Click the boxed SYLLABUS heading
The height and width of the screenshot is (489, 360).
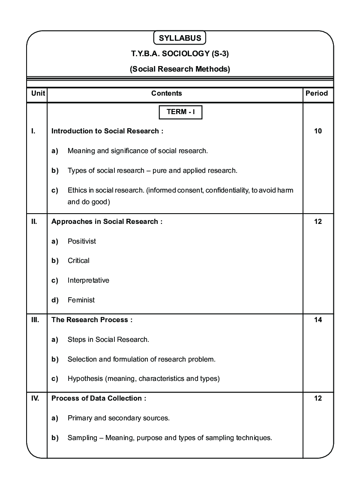pyautogui.click(x=180, y=38)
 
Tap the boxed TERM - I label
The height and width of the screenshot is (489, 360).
pyautogui.click(x=180, y=112)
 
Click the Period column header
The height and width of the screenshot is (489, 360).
pyautogui.click(x=317, y=93)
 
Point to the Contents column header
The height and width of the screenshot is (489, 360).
pyautogui.click(x=166, y=93)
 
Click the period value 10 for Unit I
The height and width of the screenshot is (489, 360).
pyautogui.click(x=318, y=131)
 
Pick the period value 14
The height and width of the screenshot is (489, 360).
pyautogui.click(x=318, y=320)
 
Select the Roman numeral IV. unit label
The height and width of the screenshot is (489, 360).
pyautogui.click(x=36, y=398)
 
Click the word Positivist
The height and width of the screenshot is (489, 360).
pyautogui.click(x=82, y=241)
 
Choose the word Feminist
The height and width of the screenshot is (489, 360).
pyautogui.click(x=81, y=300)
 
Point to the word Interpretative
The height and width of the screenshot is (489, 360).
pyautogui.click(x=88, y=281)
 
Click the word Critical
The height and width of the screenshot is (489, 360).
pyautogui.click(x=78, y=261)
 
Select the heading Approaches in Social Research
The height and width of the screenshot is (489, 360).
pyautogui.click(x=107, y=222)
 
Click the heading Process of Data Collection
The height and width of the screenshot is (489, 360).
pyautogui.click(x=99, y=398)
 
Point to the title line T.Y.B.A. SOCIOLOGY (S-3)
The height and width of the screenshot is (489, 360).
pyautogui.click(x=180, y=54)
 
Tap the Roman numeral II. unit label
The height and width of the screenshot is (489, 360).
pyautogui.click(x=34, y=222)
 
